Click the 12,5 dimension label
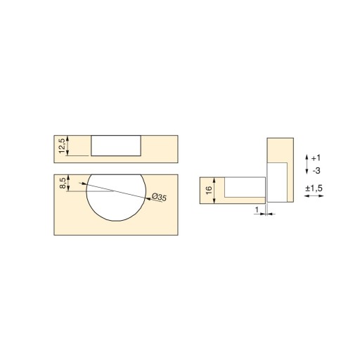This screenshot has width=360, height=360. [62, 146]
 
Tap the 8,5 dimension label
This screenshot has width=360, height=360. [63, 183]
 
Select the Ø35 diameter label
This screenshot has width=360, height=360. [159, 197]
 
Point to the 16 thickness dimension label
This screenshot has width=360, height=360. [209, 190]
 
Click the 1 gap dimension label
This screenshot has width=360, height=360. [257, 210]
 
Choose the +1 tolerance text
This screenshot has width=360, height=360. [316, 158]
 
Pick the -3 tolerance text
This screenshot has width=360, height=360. [316, 171]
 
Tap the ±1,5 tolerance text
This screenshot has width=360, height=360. [314, 188]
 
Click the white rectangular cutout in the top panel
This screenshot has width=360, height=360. [116, 146]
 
